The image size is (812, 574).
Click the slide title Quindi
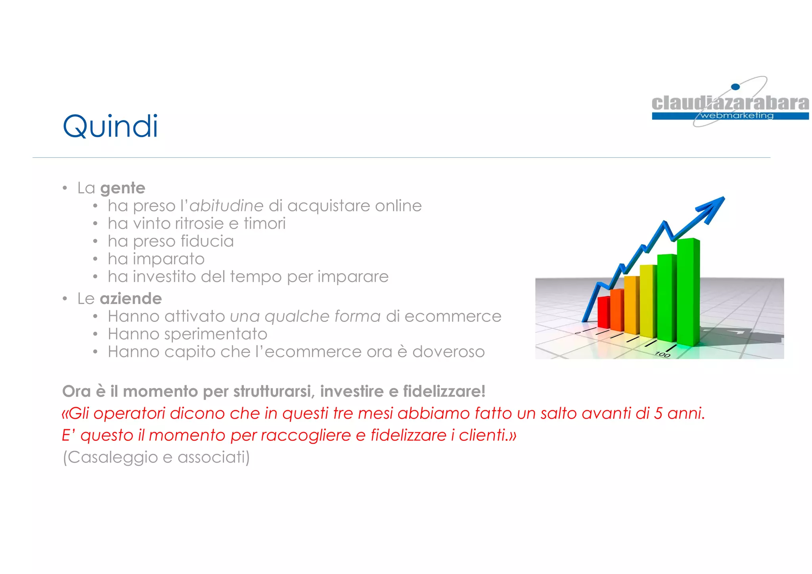(x=110, y=126)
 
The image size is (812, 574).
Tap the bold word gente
(x=123, y=188)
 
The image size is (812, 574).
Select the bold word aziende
(x=130, y=298)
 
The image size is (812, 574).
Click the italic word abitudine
(x=226, y=206)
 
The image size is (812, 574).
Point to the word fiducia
(x=207, y=241)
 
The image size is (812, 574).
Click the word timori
(x=264, y=224)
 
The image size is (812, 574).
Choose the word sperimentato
(x=215, y=334)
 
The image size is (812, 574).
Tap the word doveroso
(x=448, y=352)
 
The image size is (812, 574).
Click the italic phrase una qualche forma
(x=305, y=316)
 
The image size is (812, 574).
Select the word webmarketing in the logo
(x=737, y=116)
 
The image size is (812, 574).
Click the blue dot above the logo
(x=735, y=87)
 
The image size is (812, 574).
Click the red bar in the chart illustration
(x=603, y=312)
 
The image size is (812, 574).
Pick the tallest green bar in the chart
(x=688, y=291)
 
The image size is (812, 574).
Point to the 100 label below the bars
(x=662, y=354)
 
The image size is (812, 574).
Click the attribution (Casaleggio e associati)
(x=156, y=457)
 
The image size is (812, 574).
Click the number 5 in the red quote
(x=658, y=413)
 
